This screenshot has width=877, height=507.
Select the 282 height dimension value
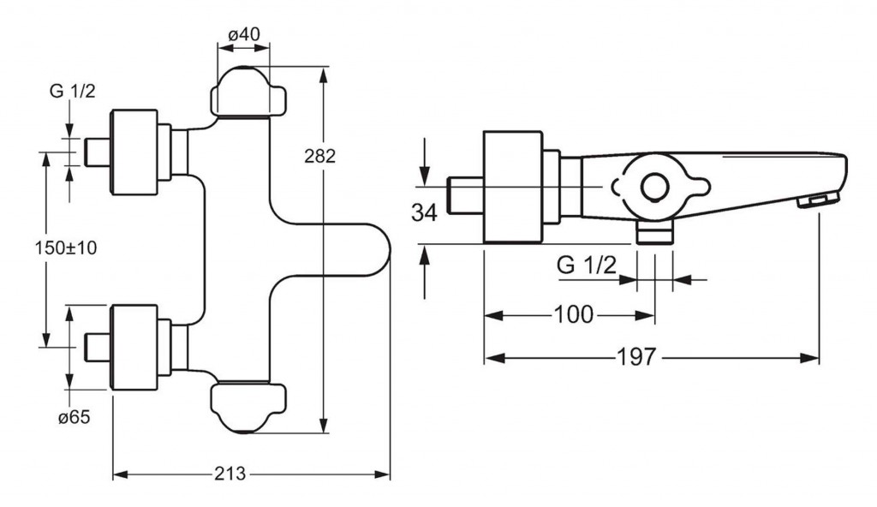(319, 156)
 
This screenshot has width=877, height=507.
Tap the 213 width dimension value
(230, 474)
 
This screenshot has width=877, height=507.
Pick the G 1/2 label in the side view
(587, 265)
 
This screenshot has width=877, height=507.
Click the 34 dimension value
(424, 212)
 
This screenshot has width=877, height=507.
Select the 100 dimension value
(573, 314)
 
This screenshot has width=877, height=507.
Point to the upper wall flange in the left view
(135, 152)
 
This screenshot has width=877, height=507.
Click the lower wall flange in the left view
(135, 347)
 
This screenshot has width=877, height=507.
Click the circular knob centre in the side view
(656, 187)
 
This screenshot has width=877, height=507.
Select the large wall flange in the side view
(513, 187)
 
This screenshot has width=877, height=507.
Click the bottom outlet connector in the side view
(655, 232)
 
